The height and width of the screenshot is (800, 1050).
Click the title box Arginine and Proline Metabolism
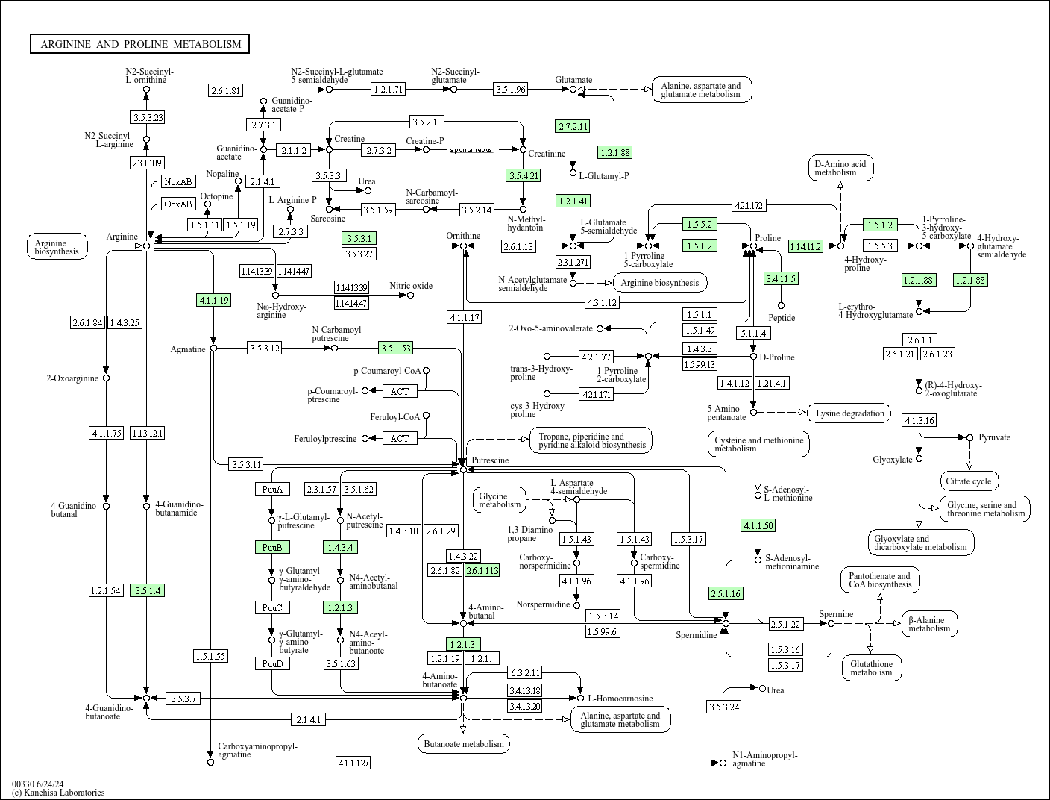[140, 44]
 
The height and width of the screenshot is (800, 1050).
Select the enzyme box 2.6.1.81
[226, 90]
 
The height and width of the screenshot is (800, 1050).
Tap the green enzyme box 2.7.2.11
[572, 126]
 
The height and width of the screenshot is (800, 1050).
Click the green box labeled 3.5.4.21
[523, 175]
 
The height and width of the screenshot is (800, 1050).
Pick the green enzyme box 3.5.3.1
[358, 238]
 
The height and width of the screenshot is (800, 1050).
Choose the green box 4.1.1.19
[213, 300]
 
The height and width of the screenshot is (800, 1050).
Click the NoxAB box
[178, 181]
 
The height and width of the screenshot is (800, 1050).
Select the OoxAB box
[178, 204]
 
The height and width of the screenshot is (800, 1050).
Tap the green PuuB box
[271, 547]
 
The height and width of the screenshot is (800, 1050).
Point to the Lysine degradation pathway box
[850, 413]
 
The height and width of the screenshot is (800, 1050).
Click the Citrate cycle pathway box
[969, 481]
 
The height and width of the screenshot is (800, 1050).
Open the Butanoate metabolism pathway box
[464, 743]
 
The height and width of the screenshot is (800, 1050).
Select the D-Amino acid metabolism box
[840, 168]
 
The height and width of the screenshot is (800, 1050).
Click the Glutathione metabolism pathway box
[871, 668]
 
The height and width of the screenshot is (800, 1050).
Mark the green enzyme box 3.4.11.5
[781, 278]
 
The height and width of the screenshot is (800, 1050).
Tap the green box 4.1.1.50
[758, 525]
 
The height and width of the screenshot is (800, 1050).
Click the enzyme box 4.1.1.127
[353, 763]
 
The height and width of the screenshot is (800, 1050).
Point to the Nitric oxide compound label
[411, 286]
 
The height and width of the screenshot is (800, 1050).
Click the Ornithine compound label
[463, 236]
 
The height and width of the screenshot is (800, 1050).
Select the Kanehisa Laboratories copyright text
[58, 793]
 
